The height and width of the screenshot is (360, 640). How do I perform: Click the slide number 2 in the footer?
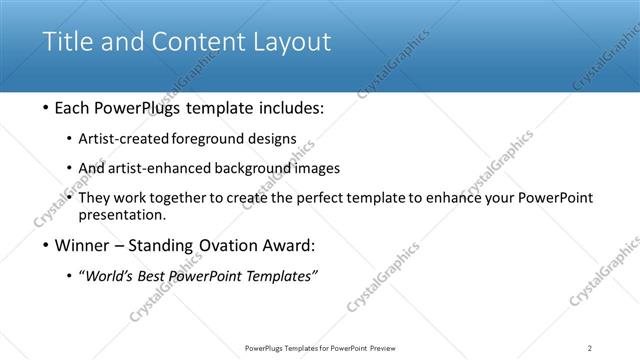point(589,348)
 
